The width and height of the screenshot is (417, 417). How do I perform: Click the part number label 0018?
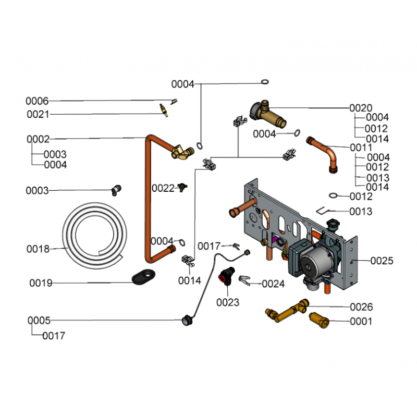pos(38,249)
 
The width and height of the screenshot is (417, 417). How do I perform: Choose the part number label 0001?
pos(361,322)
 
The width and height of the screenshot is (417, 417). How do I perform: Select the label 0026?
pos(361,307)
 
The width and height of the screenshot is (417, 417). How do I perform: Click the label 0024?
pos(273,284)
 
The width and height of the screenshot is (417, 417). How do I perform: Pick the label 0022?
pos(163,188)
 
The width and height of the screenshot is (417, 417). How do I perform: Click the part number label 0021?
pos(38,114)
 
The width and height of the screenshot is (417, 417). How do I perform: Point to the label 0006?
pos(37,101)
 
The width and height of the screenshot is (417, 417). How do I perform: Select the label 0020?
pos(361,108)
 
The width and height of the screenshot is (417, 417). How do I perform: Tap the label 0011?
pos(361,148)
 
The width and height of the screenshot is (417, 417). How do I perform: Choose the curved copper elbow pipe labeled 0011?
pos(325,152)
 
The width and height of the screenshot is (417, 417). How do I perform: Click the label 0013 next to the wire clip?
pos(361,211)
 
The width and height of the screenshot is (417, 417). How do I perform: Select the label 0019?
pos(41,283)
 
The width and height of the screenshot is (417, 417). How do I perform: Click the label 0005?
pos(39,320)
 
